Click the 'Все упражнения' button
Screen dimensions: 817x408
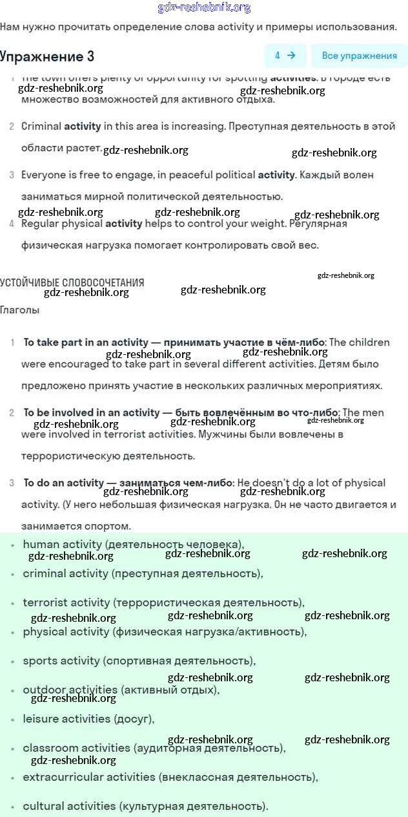pyautogui.click(x=359, y=56)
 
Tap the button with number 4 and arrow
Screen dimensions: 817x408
pyautogui.click(x=285, y=56)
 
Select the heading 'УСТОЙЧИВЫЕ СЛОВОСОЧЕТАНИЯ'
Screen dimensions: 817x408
pyautogui.click(x=72, y=282)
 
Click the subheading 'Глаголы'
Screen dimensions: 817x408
pyautogui.click(x=19, y=310)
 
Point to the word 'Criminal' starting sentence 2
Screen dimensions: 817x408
pyautogui.click(x=41, y=127)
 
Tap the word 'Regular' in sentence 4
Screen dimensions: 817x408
pyautogui.click(x=41, y=224)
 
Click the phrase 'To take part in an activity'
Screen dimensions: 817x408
pyautogui.click(x=86, y=343)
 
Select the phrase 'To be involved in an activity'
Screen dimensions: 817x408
pyautogui.click(x=91, y=412)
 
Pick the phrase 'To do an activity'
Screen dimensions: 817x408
pyautogui.click(x=63, y=483)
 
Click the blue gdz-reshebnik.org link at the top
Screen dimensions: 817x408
pyautogui.click(x=204, y=8)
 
